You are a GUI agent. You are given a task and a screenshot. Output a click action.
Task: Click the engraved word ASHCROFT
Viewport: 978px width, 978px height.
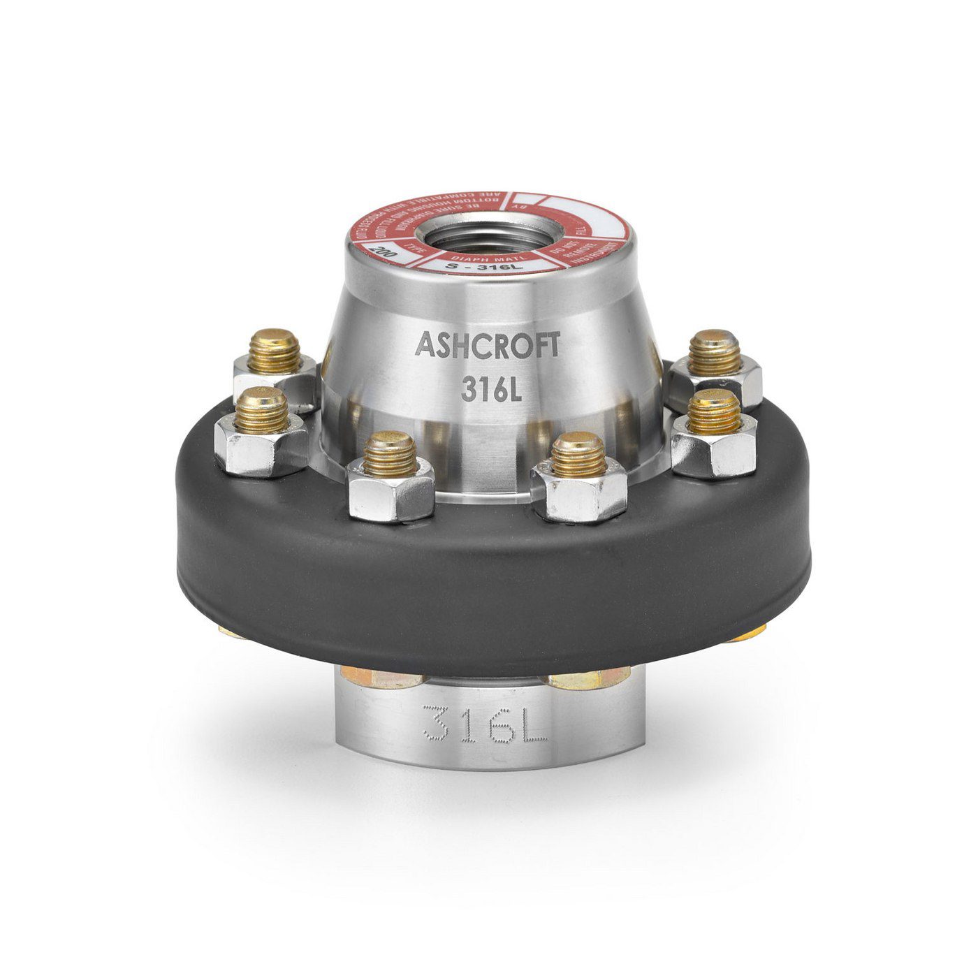coord(487,344)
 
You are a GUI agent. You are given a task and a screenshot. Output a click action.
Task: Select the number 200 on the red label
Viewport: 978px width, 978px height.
coord(383,251)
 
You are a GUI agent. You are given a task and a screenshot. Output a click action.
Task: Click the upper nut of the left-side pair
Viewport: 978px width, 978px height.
coord(275,370)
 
